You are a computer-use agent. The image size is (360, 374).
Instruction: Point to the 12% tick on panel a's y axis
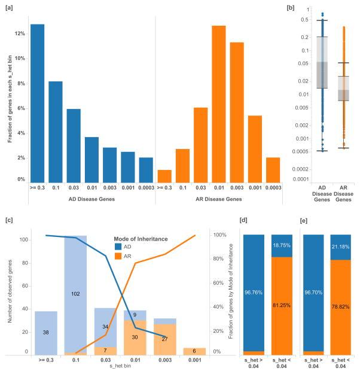(x=20, y=34)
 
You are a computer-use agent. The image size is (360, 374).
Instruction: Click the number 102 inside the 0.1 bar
(x=74, y=294)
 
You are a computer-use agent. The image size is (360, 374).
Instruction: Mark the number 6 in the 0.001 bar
(x=194, y=351)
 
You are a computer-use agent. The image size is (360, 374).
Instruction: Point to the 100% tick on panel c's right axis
(x=221, y=235)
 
